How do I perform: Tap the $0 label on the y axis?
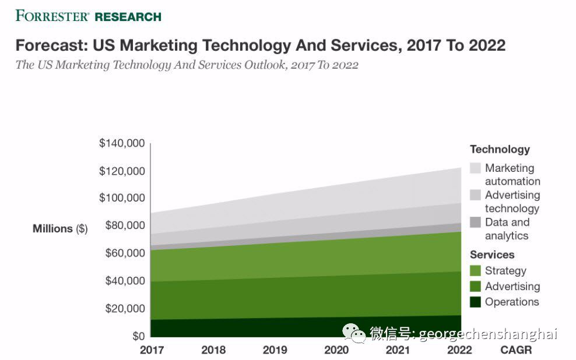[x=138, y=336]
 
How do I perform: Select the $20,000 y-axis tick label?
[x=124, y=309]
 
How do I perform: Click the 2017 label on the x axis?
[x=152, y=350]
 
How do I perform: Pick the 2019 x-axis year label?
[x=275, y=350]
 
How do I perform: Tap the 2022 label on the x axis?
[x=459, y=350]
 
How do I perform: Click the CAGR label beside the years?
[x=516, y=350]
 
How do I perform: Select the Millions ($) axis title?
[x=60, y=229]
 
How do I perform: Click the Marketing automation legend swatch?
[x=475, y=168]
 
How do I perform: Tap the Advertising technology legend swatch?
[x=475, y=195]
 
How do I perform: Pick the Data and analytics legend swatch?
[x=475, y=222]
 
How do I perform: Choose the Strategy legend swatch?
[x=475, y=271]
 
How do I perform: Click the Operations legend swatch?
[x=475, y=302]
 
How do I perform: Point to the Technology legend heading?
[x=500, y=150]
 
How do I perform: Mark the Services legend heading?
[x=492, y=255]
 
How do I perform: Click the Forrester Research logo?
[x=88, y=16]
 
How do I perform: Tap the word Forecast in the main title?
[x=48, y=45]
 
